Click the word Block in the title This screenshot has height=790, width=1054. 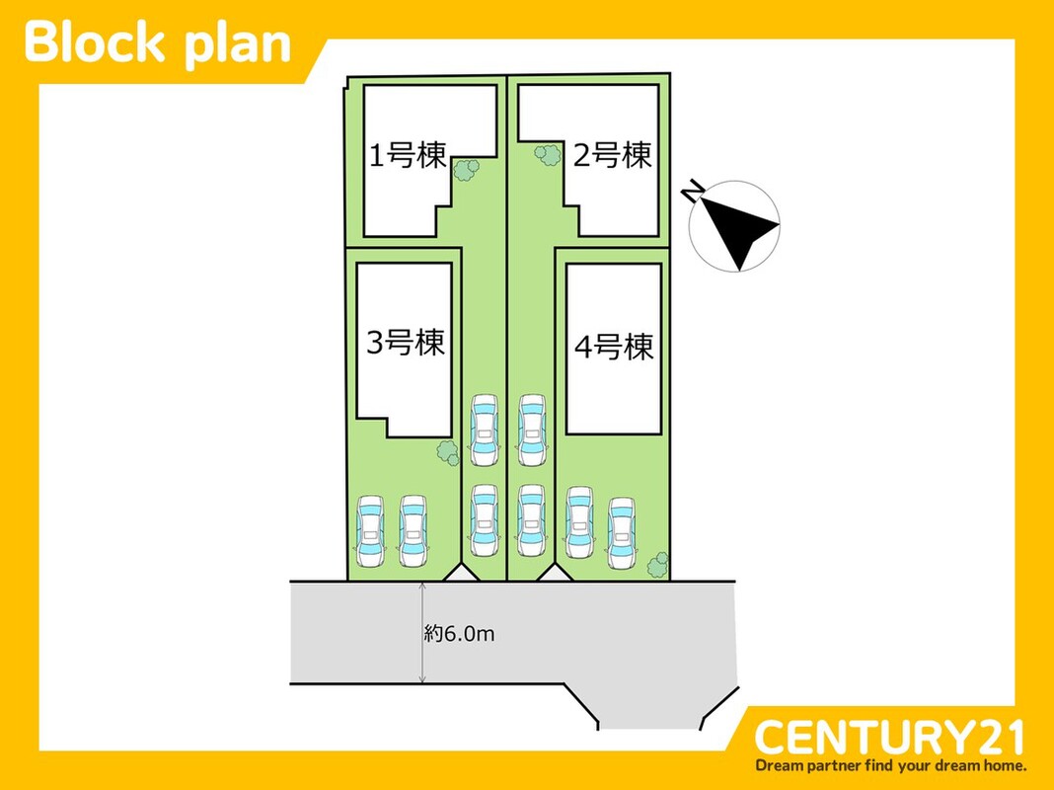[97, 43]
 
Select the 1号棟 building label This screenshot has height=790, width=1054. [408, 155]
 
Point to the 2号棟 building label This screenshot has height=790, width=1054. [613, 155]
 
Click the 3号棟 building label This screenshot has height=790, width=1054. [406, 343]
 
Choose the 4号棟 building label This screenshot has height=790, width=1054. [614, 347]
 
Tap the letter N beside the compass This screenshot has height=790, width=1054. [696, 191]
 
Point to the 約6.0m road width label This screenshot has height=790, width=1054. [459, 633]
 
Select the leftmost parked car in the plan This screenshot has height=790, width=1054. [370, 530]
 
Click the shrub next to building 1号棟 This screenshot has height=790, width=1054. [465, 169]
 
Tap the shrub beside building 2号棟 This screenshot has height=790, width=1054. [546, 153]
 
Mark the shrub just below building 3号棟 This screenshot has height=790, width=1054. [448, 452]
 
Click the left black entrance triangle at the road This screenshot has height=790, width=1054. [460, 573]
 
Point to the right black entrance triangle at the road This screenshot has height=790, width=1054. [549, 573]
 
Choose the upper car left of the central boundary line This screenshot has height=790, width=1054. [484, 431]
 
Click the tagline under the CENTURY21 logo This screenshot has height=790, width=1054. [890, 765]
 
